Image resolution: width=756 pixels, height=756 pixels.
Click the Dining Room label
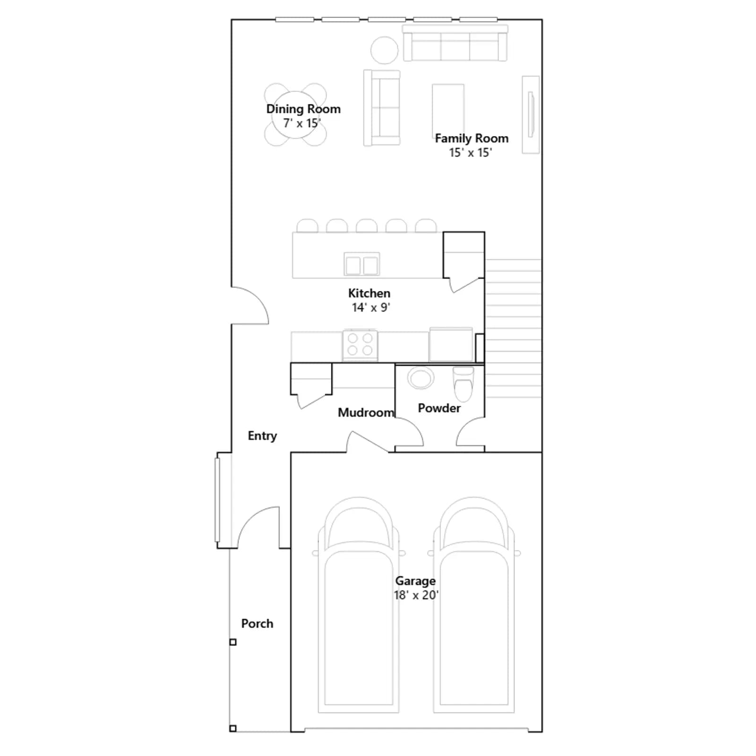tap(303, 109)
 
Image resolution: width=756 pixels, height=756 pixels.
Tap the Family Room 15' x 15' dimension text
tap(471, 153)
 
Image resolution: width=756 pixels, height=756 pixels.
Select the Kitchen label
tap(369, 293)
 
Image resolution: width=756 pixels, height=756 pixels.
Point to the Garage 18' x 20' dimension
tap(416, 595)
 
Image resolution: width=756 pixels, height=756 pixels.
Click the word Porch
tap(257, 624)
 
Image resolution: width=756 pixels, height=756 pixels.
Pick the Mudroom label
tap(366, 412)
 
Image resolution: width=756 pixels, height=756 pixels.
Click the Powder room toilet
tap(463, 384)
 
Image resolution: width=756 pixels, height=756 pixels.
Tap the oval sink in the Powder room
tap(421, 378)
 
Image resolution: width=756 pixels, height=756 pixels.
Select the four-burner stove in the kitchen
tap(360, 344)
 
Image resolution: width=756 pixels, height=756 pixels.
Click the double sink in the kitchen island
tap(362, 265)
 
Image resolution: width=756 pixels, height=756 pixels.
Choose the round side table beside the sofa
tap(384, 50)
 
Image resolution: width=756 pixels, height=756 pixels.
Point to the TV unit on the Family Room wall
tap(531, 114)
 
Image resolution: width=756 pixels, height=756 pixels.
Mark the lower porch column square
tap(233, 742)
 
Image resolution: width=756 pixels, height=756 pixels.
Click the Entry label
tap(262, 436)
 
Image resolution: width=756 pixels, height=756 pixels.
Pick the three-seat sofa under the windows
tap(455, 43)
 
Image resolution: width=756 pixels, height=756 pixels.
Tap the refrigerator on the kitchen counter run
tap(451, 344)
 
